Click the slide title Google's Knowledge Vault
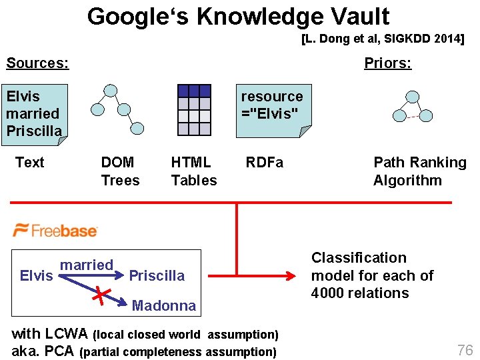point(238,16)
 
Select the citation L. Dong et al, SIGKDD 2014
point(382,39)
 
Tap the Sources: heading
point(37,63)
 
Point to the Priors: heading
point(387,63)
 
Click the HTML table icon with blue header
point(194,110)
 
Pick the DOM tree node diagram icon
point(117,111)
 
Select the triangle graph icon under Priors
point(409,105)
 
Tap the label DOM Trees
point(120,171)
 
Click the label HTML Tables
point(193,171)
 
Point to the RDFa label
point(264,163)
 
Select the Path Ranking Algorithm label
point(419,171)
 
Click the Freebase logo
point(56,230)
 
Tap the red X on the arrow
point(101,294)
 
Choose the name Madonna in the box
point(164,306)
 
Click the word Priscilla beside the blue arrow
point(157,276)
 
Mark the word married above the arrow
point(87,265)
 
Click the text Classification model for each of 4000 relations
point(372,275)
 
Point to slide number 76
point(464,350)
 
